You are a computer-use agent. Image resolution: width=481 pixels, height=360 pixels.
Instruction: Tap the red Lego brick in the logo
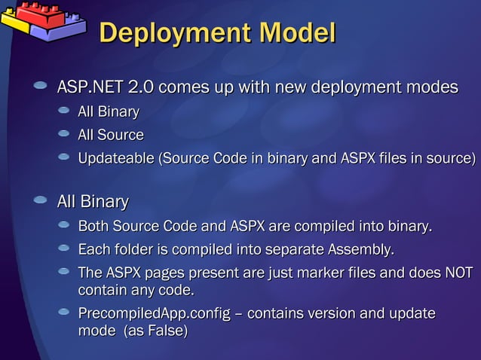34,12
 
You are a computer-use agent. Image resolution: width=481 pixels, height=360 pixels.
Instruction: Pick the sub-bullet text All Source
111,135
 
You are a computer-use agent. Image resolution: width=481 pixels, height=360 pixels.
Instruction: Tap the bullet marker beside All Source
64,134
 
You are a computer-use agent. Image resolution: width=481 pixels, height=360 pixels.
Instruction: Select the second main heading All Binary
93,202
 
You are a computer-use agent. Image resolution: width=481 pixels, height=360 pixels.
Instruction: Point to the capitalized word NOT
458,273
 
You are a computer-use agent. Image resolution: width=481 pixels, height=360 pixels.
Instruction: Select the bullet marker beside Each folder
64,248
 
